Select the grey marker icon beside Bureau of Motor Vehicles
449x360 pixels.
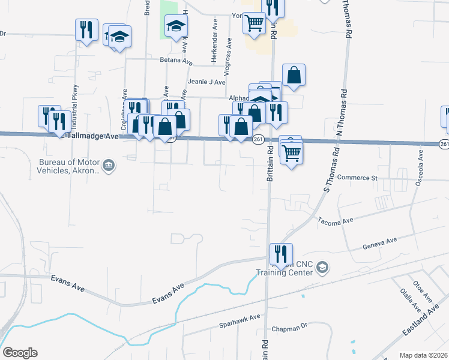[x=109, y=166]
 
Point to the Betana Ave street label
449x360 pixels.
[x=175, y=61]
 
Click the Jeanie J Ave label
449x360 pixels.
[x=206, y=82]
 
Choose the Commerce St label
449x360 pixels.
[x=357, y=178]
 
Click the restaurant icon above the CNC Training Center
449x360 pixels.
[x=280, y=253]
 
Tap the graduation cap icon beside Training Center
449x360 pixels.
[x=322, y=266]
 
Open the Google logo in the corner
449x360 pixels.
[x=20, y=353]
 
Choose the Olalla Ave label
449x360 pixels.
[x=407, y=299]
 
